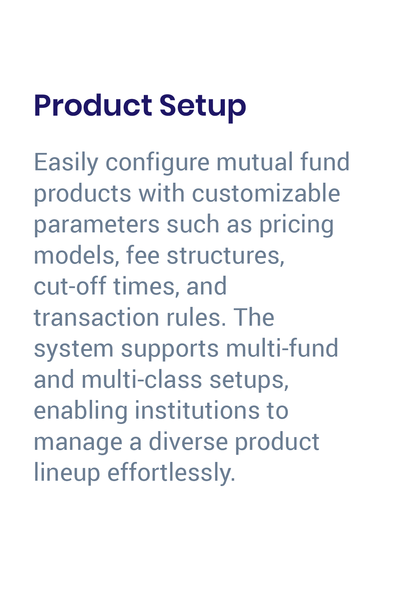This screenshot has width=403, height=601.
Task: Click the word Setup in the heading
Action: click(x=203, y=106)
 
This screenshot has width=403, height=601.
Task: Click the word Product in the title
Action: click(x=93, y=106)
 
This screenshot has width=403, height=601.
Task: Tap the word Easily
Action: click(x=66, y=162)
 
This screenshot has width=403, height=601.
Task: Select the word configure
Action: click(x=158, y=162)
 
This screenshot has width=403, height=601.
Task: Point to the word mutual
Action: click(x=254, y=162)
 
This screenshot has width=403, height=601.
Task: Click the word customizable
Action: click(x=266, y=193)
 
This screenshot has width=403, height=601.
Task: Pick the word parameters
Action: click(x=97, y=225)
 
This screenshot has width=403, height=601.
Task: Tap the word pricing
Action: click(x=296, y=225)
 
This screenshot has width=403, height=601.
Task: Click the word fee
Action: click(x=143, y=255)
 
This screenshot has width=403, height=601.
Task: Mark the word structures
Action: click(x=226, y=255)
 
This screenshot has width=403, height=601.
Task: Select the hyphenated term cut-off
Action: click(x=70, y=286)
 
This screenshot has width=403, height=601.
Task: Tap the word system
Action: click(x=74, y=348)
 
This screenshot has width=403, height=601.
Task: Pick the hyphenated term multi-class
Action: click(x=142, y=380)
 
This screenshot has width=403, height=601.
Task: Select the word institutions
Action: click(x=197, y=411)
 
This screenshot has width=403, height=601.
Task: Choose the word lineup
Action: click(x=67, y=473)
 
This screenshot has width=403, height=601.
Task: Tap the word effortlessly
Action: click(x=171, y=473)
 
